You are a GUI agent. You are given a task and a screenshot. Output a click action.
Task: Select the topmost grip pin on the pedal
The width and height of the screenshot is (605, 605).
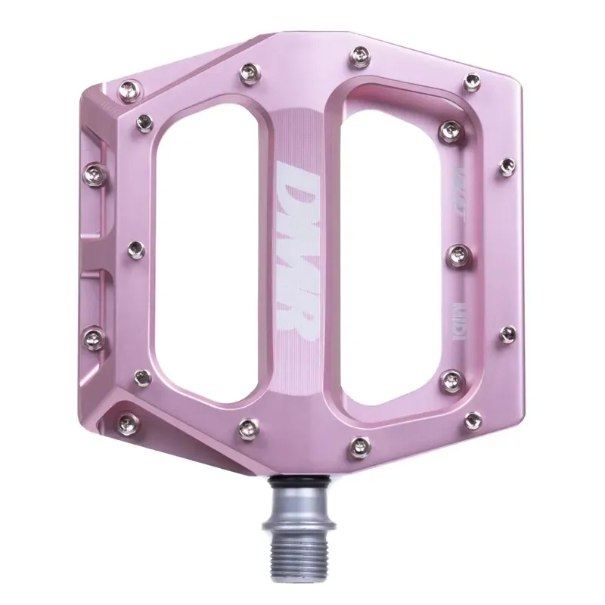[x=356, y=57]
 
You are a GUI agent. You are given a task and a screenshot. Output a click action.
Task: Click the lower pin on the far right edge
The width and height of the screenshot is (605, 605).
[x=507, y=333]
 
